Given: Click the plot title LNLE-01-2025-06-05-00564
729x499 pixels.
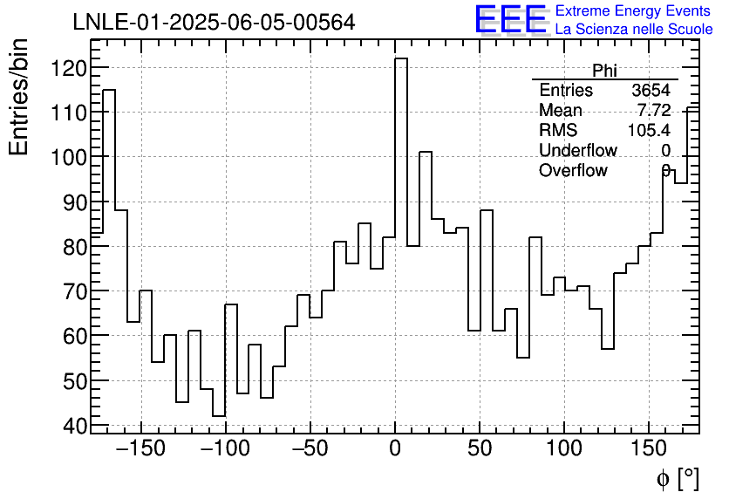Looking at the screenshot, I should tap(214, 23).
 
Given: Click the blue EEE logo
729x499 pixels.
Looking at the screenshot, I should tap(510, 19).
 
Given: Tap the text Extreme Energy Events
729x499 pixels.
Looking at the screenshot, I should tap(632, 11).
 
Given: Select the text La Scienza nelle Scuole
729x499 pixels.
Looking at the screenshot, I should tap(634, 29).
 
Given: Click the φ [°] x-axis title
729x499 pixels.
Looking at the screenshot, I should tap(677, 478).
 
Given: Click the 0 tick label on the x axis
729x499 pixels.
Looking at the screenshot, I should tap(395, 450).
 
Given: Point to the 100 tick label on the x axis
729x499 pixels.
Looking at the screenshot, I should tap(564, 450).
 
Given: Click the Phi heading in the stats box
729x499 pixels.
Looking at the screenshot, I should tap(604, 71).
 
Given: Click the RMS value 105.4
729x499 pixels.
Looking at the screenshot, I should tap(649, 131).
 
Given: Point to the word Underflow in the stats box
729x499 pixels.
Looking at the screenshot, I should tap(577, 151).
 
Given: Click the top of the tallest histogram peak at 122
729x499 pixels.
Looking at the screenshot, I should tap(401, 59).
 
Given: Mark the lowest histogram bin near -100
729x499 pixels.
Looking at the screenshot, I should tap(218, 416).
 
